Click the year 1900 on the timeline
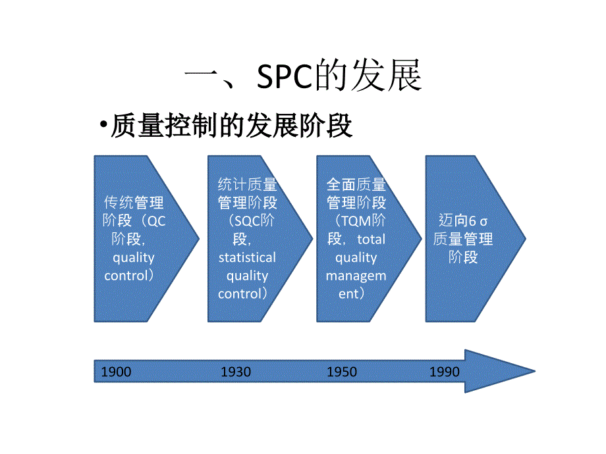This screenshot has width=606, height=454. coord(116,372)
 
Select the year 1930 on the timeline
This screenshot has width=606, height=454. coord(236,372)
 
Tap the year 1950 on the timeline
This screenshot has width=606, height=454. coord(342,372)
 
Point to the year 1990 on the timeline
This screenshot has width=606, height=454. coord(444,372)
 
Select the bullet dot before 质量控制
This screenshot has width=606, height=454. coord(103,126)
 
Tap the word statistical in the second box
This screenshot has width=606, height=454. coord(247,257)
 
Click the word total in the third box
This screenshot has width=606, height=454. coord(372,239)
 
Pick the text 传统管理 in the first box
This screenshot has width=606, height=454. coord(134,202)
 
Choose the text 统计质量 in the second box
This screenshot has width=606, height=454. coord(247,184)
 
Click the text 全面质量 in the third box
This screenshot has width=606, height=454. coord(356,184)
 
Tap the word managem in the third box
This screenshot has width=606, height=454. coord(356,276)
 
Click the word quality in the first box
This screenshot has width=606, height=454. coord(134,257)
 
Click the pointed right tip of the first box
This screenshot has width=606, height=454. coord(197,238)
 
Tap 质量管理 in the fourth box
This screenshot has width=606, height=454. coord(463,239)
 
